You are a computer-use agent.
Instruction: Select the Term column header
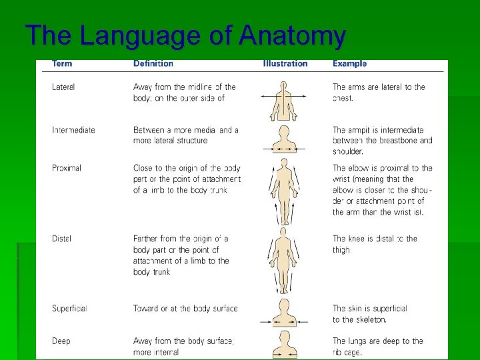click(x=63, y=64)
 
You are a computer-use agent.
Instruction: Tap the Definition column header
click(x=153, y=64)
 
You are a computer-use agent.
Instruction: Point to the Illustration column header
click(x=285, y=64)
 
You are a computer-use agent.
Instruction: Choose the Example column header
click(x=350, y=64)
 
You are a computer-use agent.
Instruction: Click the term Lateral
click(x=63, y=87)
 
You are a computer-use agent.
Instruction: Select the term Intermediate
click(x=73, y=130)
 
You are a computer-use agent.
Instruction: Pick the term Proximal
click(x=67, y=168)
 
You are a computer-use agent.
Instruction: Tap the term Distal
click(x=61, y=239)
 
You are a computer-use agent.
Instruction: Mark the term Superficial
click(x=69, y=309)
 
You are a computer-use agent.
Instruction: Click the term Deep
click(x=61, y=341)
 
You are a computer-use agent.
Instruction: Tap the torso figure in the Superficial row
click(x=285, y=313)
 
